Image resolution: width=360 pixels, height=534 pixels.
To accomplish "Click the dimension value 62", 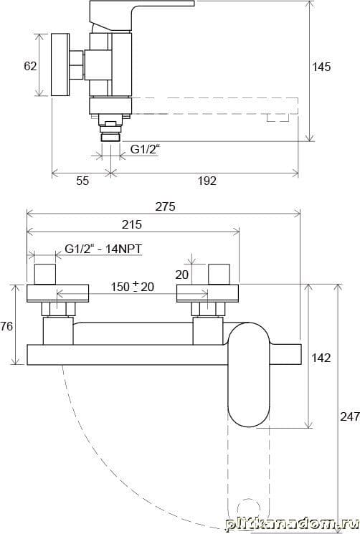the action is (x=30, y=66).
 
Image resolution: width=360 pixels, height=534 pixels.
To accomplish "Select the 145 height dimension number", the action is (x=321, y=67).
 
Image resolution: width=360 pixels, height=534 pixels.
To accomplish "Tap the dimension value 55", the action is (x=82, y=181).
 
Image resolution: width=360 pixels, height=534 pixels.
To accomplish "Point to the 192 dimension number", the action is (x=207, y=181).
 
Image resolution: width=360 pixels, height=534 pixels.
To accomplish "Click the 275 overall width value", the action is (x=165, y=206).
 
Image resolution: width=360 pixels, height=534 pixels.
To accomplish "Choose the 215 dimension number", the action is (x=132, y=224).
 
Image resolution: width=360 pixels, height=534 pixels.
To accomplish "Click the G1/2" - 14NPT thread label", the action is (x=103, y=249).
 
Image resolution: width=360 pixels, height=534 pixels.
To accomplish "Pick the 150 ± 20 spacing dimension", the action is (x=133, y=287).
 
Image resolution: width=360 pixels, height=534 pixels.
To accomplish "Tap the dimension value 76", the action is (x=6, y=326).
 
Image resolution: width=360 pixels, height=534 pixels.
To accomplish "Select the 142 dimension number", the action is (x=321, y=358).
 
